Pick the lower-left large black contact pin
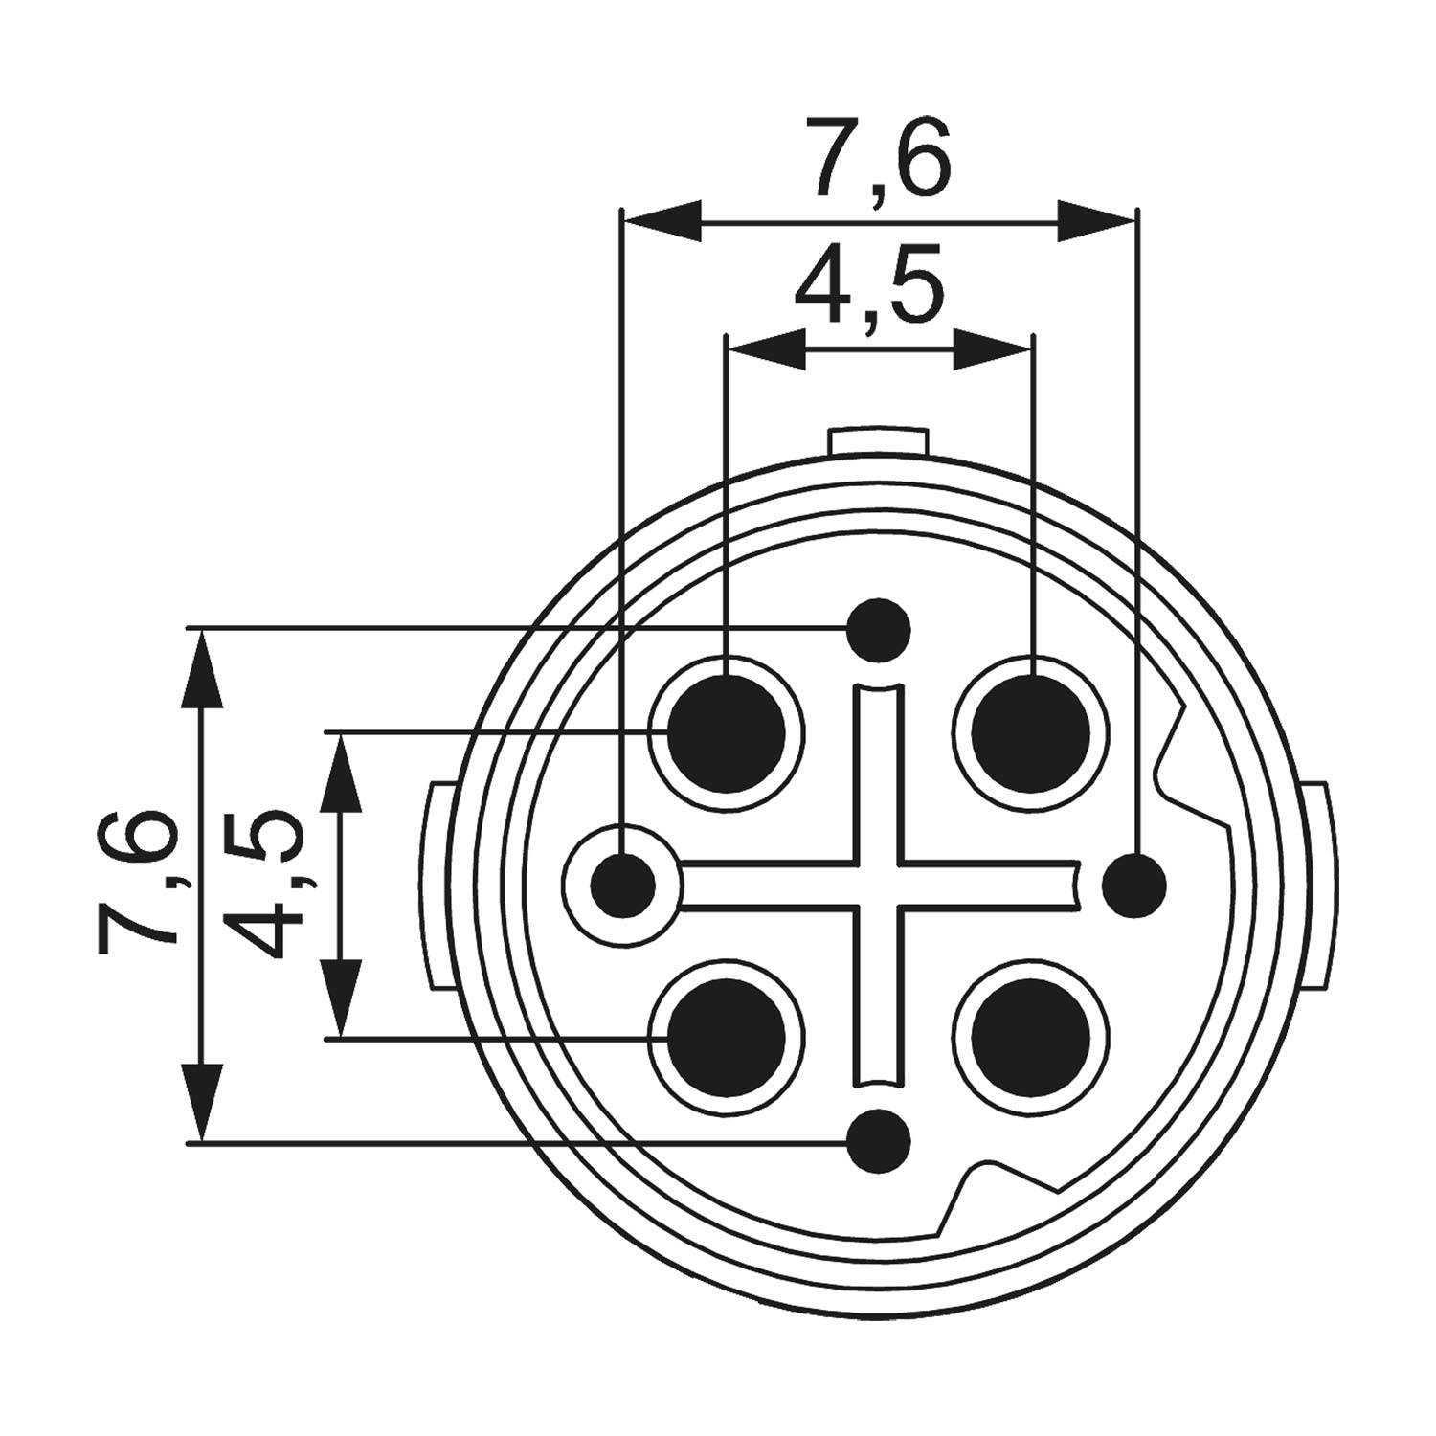[x=726, y=1038]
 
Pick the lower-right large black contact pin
[x=1031, y=1038]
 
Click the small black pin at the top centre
[x=879, y=630]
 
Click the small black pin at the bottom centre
[x=879, y=1140]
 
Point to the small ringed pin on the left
[x=623, y=885]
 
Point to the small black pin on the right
[x=1134, y=885]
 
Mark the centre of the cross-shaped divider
[x=878, y=884]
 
